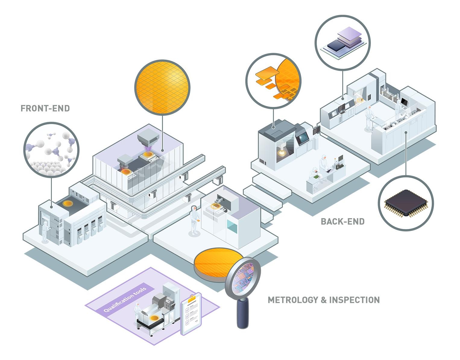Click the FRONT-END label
pyautogui.click(x=45, y=108)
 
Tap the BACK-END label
pyautogui.click(x=342, y=221)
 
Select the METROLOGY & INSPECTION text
pyautogui.click(x=323, y=300)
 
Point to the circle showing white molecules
pyautogui.click(x=51, y=150)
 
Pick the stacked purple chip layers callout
pyautogui.click(x=342, y=42)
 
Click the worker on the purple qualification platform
pyautogui.click(x=137, y=314)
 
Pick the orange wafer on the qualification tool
pyautogui.click(x=155, y=317)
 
